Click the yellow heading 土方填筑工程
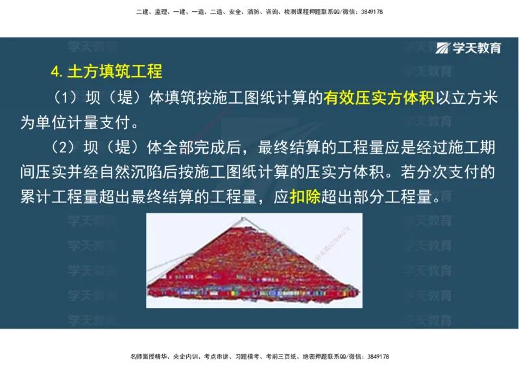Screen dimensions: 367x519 pyautogui.click(x=115, y=71)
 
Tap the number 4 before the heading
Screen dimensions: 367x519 pyautogui.click(x=55, y=71)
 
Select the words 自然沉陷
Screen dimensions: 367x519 pyautogui.click(x=143, y=172)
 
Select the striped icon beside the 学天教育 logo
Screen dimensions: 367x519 pyautogui.click(x=444, y=48)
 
